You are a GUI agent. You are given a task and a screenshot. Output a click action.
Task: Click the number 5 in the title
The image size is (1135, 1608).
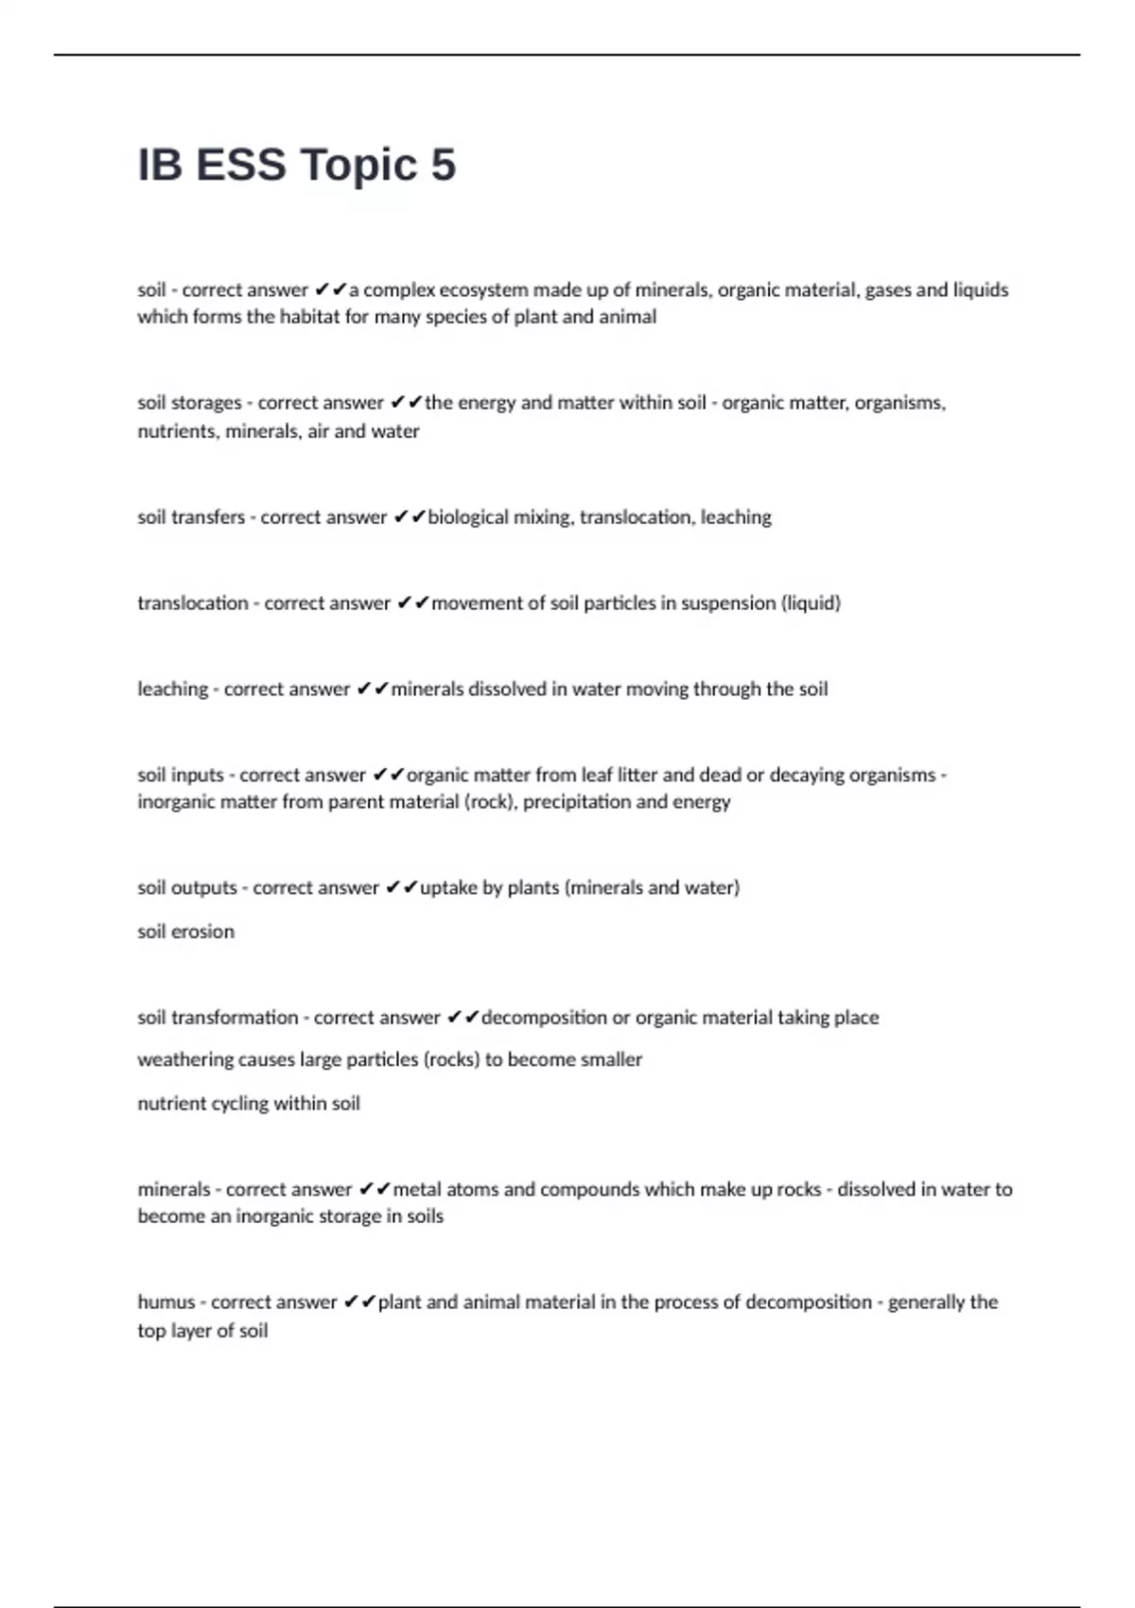pyautogui.click(x=444, y=165)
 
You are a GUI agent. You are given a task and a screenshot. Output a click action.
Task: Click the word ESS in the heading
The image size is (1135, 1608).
pyautogui.click(x=240, y=165)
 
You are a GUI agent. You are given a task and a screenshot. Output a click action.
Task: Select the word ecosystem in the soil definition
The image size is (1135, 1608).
pyautogui.click(x=482, y=289)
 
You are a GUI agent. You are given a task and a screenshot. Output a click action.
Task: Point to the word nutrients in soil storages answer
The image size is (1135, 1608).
pyautogui.click(x=177, y=431)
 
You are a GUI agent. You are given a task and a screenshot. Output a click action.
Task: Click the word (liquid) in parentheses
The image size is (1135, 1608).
pyautogui.click(x=811, y=603)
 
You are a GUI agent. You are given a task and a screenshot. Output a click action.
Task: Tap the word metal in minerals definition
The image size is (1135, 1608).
pyautogui.click(x=416, y=1190)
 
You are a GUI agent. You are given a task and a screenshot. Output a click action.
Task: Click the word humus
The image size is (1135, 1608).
pyautogui.click(x=166, y=1302)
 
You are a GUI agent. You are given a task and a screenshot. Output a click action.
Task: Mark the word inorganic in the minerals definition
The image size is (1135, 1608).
pyautogui.click(x=278, y=1216)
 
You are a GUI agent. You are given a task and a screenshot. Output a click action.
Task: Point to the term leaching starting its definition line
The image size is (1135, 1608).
pyautogui.click(x=172, y=690)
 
